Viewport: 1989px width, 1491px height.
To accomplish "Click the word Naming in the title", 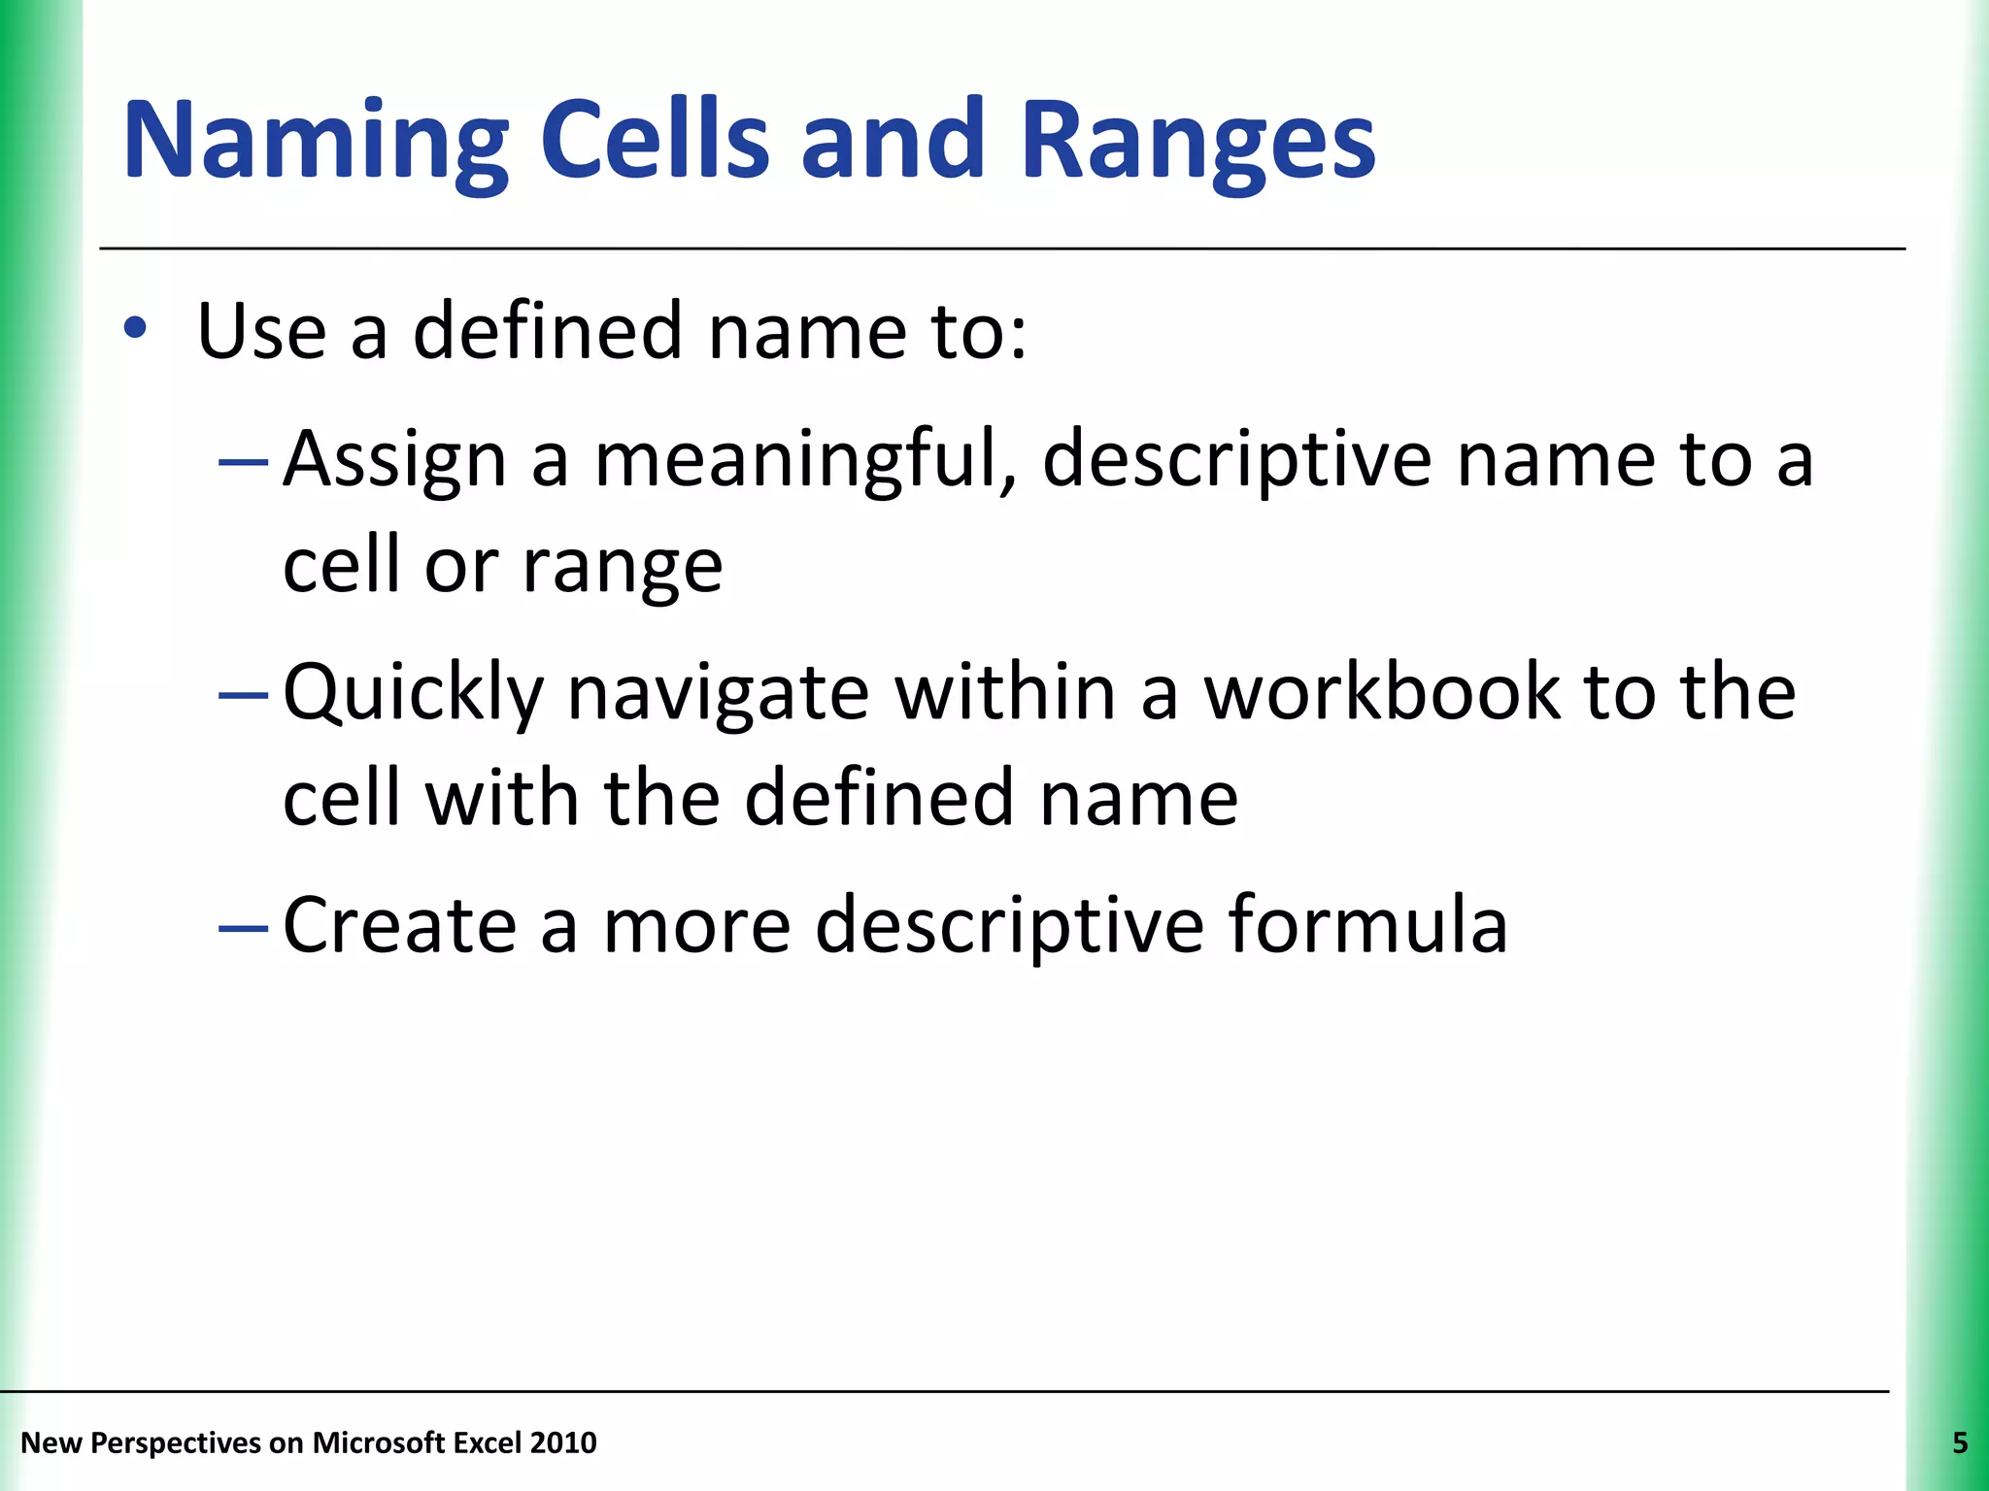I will [316, 141].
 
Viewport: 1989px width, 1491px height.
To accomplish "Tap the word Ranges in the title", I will [1197, 141].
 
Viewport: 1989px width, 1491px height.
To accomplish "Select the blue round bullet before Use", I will [135, 329].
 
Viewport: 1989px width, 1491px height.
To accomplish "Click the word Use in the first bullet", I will [261, 331].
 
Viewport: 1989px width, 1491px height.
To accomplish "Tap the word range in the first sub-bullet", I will [623, 566].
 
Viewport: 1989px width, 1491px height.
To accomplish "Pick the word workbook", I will [1380, 692].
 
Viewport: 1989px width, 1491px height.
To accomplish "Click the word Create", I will [399, 925].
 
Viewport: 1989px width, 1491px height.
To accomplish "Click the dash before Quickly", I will [243, 695].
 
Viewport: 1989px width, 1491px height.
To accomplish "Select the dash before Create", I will [243, 928].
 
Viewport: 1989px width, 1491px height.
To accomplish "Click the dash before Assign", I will [243, 462].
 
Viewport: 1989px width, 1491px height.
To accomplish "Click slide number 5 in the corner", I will [1959, 1443].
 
